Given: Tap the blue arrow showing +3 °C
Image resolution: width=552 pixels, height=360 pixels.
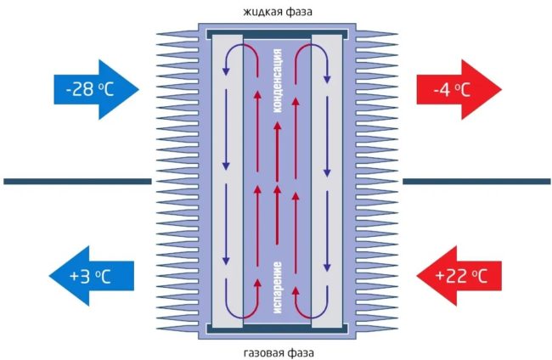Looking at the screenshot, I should point(90,274).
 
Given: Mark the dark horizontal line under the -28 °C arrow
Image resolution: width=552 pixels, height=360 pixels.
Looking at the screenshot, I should point(76,181).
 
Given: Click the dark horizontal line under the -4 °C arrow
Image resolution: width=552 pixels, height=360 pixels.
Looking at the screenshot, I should point(476,181).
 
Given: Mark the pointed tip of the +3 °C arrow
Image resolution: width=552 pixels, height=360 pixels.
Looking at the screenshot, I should point(50,274).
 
